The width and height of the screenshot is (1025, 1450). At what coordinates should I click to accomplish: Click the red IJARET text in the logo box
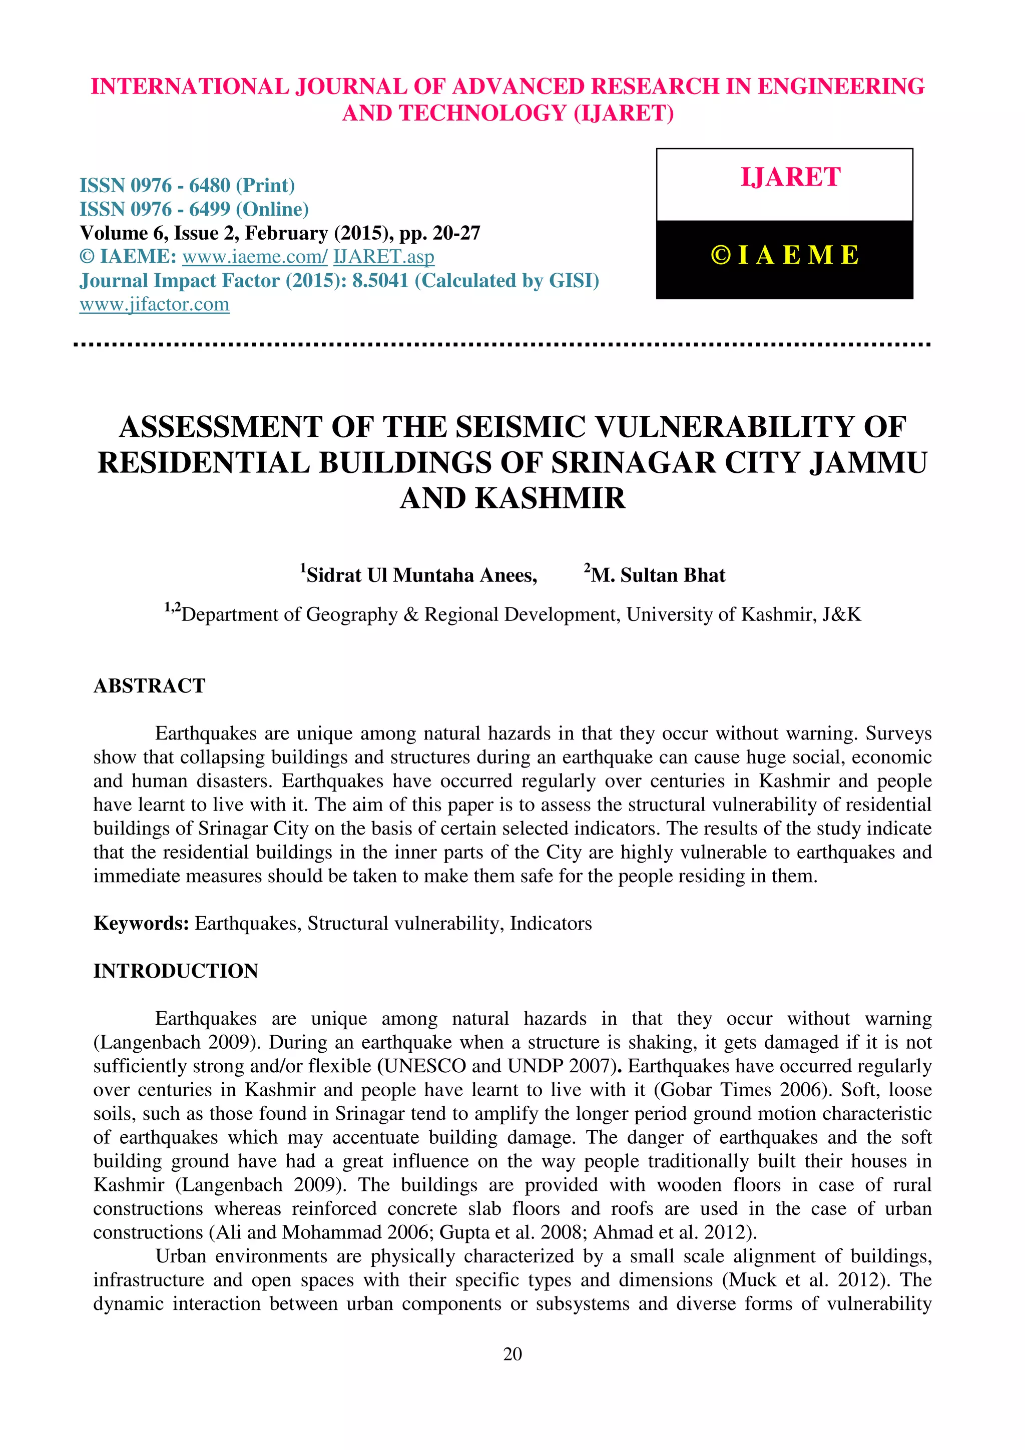790,178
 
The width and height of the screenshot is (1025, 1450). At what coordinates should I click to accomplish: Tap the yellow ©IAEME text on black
784,256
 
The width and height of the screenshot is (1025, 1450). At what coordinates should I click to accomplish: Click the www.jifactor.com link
154,304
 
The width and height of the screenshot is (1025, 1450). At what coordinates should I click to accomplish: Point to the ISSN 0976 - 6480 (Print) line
187,186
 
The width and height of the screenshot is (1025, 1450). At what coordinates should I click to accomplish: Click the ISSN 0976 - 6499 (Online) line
194,209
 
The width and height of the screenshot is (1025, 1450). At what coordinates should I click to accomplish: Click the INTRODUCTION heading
176,971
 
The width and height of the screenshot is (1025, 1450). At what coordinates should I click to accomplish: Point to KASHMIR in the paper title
550,498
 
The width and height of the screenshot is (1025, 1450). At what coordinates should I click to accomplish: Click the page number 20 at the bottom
512,1353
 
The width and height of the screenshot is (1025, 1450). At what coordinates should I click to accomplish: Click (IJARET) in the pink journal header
623,113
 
